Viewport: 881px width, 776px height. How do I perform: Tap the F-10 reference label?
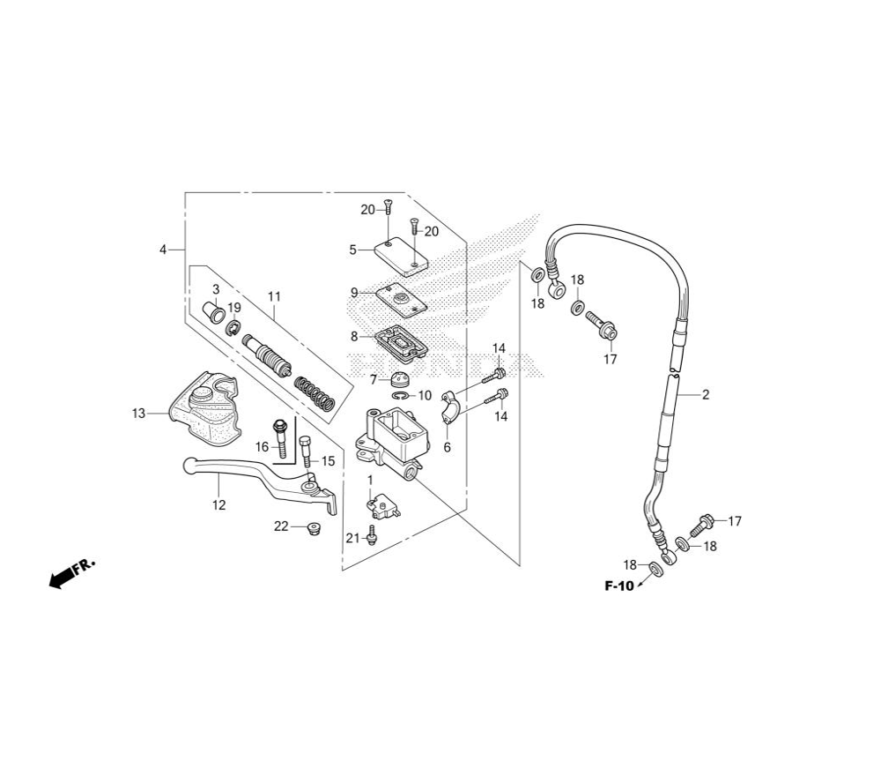pyautogui.click(x=618, y=586)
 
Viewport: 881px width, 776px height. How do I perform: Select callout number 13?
pyautogui.click(x=138, y=414)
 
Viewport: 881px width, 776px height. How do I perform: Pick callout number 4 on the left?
pyautogui.click(x=163, y=249)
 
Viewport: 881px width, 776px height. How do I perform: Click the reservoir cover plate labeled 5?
pyautogui.click(x=401, y=257)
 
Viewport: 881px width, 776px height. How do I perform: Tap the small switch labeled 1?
pyautogui.click(x=383, y=506)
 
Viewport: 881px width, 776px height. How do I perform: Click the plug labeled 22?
pyautogui.click(x=314, y=528)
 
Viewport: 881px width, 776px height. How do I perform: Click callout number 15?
pyautogui.click(x=328, y=461)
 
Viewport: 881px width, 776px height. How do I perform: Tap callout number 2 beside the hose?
pyautogui.click(x=706, y=394)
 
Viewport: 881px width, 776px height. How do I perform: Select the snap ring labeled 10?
pyautogui.click(x=403, y=397)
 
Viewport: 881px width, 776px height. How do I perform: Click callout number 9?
pyautogui.click(x=354, y=293)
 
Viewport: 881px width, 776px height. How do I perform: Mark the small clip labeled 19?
pyautogui.click(x=233, y=328)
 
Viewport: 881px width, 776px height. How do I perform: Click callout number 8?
pyautogui.click(x=354, y=336)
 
